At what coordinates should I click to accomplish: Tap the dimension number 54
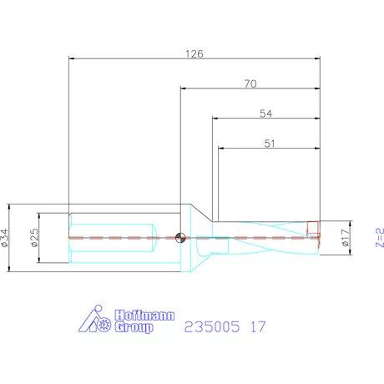click(x=265, y=112)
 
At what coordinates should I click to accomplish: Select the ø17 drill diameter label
click(x=345, y=237)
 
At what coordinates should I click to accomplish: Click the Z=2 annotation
click(x=379, y=237)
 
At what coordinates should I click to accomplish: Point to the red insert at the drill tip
click(x=313, y=227)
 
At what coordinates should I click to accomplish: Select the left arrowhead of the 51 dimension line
click(x=221, y=150)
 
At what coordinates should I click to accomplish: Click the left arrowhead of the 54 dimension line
click(x=215, y=119)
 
